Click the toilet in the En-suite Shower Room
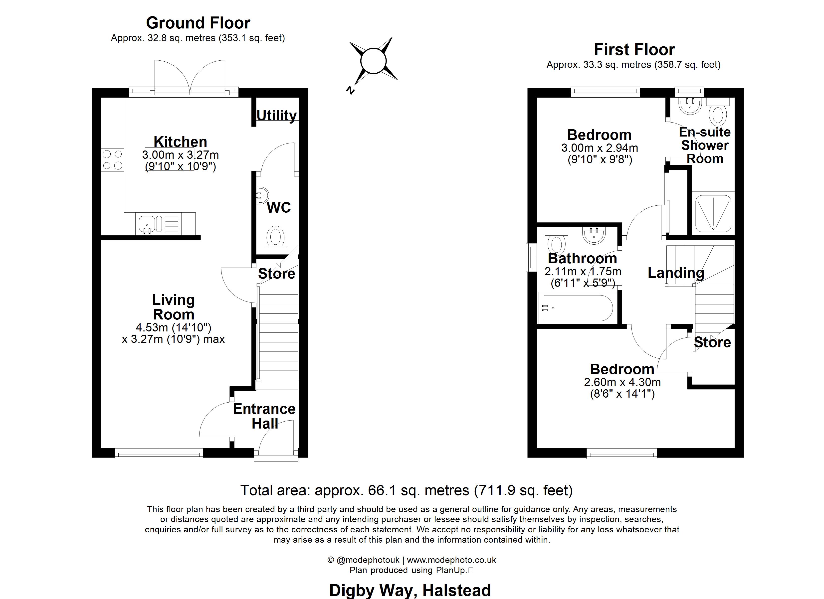718,111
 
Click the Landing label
676,273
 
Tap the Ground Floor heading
198,23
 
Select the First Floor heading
634,49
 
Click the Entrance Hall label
264,416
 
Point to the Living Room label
174,307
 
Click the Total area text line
407,490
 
